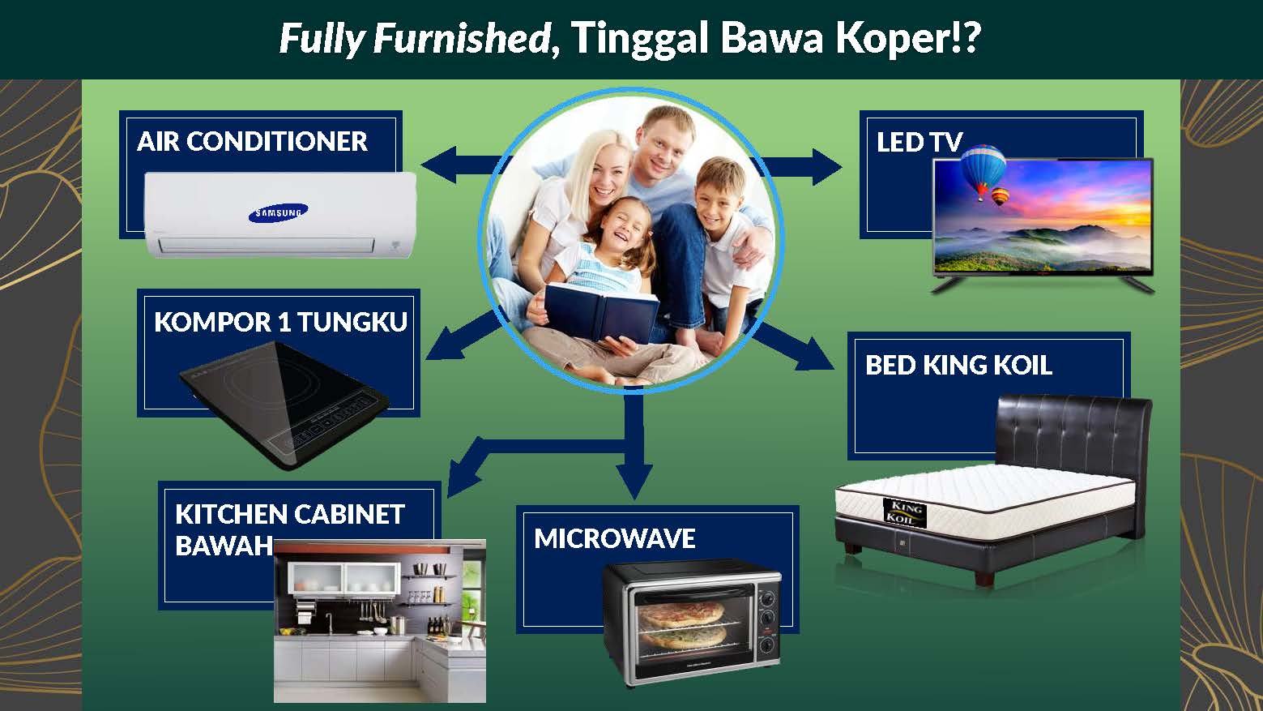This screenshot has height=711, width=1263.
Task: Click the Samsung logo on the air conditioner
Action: (x=278, y=212)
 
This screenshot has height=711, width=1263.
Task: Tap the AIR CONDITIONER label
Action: (x=252, y=142)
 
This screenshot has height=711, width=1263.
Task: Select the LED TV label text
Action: (x=918, y=143)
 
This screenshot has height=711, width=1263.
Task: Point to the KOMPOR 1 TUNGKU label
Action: (x=280, y=323)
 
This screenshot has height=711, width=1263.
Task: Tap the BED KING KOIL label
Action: (x=958, y=366)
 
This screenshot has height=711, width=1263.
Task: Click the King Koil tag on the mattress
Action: (x=903, y=511)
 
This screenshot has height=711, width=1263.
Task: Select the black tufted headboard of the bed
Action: (x=1073, y=430)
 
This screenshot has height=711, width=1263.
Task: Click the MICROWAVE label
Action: (x=614, y=539)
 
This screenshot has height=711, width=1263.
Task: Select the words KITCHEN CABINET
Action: (x=289, y=515)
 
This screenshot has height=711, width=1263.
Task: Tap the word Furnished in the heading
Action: (x=462, y=39)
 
